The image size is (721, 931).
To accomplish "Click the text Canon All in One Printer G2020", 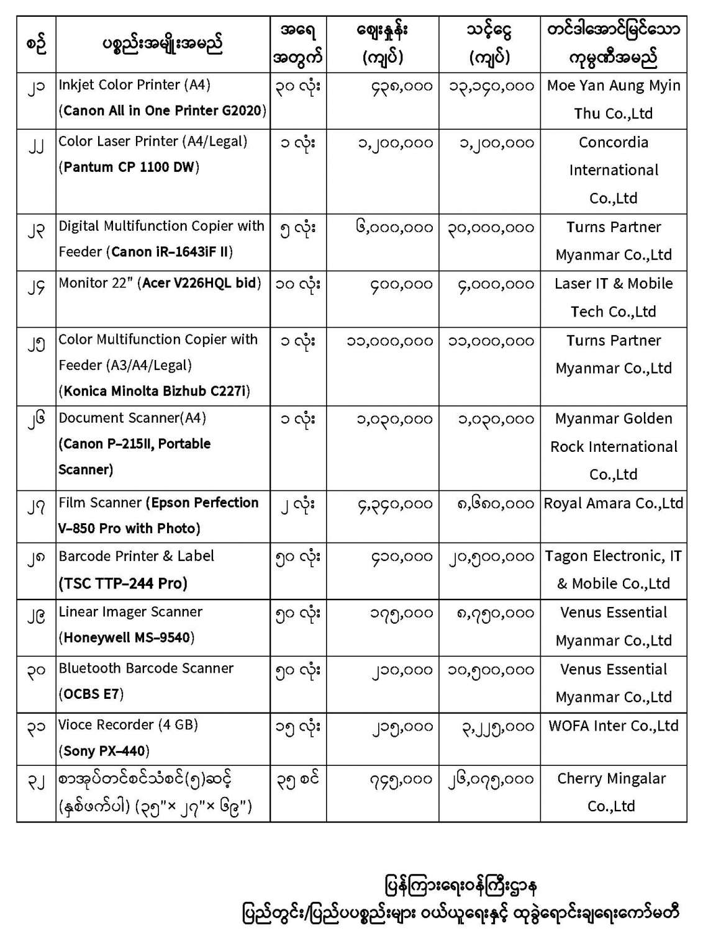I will [x=165, y=111].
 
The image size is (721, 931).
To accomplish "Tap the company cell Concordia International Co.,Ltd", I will [x=614, y=170].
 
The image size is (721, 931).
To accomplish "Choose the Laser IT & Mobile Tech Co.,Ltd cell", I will [x=614, y=297].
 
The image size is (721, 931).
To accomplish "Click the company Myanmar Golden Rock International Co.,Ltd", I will [x=614, y=446].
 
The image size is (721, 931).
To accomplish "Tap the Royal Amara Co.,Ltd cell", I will [x=614, y=503].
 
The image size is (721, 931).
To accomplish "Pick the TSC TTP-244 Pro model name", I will [x=123, y=583].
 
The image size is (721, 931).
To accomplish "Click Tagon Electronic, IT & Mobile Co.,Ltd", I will [x=614, y=570].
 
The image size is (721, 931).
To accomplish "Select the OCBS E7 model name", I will [x=91, y=695].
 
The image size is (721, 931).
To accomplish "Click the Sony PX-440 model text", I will [x=106, y=751].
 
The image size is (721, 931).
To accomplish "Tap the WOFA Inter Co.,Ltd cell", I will [x=614, y=726].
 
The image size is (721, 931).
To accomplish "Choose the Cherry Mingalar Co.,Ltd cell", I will [x=612, y=792].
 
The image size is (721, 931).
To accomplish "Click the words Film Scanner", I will [x=100, y=503].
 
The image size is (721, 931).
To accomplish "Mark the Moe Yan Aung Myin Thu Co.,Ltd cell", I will [x=614, y=99].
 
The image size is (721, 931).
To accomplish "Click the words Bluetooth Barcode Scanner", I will [x=146, y=668].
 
